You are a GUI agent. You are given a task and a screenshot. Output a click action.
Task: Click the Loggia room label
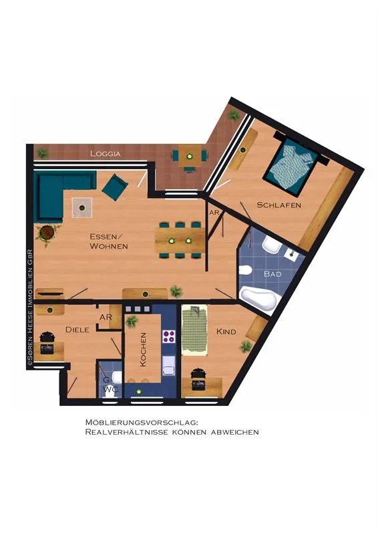pos(106,154)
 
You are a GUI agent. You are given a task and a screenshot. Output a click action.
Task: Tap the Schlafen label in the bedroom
pos(278,205)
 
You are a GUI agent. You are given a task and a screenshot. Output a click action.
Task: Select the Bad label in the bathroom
pos(272,274)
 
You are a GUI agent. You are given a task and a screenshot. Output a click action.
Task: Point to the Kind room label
pos(226,331)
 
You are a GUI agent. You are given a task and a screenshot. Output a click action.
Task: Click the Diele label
pos(77,330)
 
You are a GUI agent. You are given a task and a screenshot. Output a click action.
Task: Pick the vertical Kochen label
pos(143,350)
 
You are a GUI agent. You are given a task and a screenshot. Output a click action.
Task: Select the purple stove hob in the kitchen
pos(169,336)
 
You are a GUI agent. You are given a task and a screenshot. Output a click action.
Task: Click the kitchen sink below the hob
pos(169,365)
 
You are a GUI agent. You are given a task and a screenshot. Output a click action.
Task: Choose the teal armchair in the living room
pos(115,187)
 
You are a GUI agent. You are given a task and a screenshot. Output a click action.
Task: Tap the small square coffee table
pos(81,207)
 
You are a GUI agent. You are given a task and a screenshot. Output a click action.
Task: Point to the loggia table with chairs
pos(189,156)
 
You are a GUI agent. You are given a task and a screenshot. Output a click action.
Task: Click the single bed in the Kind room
pos(194,330)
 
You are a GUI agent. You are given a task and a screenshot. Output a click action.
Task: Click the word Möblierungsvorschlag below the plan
pos(142,423)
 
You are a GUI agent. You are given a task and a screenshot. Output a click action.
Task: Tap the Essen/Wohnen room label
pos(109,241)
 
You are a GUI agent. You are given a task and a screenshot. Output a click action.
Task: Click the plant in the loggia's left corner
pos(42,152)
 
